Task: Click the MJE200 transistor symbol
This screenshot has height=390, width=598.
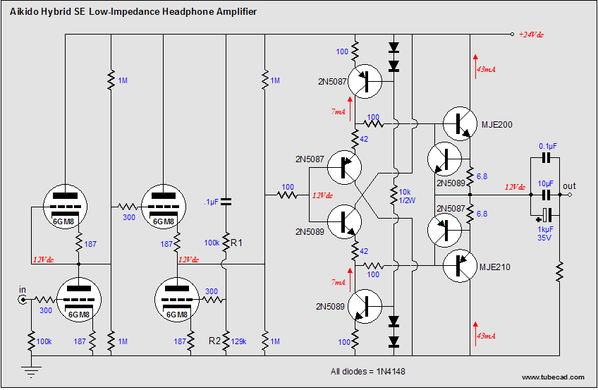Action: coord(460,124)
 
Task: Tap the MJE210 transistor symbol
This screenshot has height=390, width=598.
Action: coord(460,266)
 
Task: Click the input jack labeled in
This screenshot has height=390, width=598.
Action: coord(23,300)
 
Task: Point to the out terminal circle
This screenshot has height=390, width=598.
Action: coord(570,195)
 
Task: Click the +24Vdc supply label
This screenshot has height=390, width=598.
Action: coord(531,35)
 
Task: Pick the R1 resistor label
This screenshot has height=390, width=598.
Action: coord(236,243)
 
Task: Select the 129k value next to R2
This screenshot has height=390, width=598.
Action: coord(239,341)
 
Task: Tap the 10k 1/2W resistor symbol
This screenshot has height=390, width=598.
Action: coord(393,195)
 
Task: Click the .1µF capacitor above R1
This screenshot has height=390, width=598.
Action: coord(226,202)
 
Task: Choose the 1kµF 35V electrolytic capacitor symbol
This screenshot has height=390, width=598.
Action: coord(547,215)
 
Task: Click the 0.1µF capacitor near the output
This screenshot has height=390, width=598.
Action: coord(547,157)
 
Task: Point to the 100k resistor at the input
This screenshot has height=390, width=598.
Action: coord(31,341)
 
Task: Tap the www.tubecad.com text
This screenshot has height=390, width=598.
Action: coord(553,377)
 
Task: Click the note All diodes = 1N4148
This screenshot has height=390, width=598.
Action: coord(367,372)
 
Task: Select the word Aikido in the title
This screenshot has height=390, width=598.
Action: coord(24,12)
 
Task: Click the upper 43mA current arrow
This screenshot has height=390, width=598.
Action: coord(475,66)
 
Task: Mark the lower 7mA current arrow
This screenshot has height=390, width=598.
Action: coord(350,279)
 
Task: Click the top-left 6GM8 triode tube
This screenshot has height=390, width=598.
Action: coord(65,207)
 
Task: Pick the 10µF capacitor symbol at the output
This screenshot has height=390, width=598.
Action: coord(547,195)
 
